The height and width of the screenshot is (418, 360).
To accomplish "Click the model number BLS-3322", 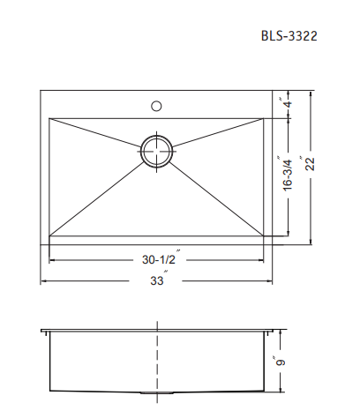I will (x=289, y=37).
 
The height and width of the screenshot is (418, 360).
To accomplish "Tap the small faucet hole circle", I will (x=156, y=106).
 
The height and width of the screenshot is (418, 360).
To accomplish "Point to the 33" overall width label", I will (x=157, y=281).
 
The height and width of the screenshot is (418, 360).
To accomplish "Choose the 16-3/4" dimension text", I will (x=285, y=175).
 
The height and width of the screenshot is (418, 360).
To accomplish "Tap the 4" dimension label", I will (x=285, y=103).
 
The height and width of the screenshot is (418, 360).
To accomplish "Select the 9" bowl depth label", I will (x=283, y=362).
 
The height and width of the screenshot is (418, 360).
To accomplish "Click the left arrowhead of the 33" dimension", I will (x=44, y=281).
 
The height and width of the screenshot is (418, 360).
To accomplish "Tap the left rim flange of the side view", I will (x=45, y=333).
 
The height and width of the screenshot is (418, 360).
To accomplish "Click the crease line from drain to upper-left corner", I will (x=97, y=132).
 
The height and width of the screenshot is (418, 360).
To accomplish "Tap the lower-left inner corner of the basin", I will (x=50, y=235).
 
